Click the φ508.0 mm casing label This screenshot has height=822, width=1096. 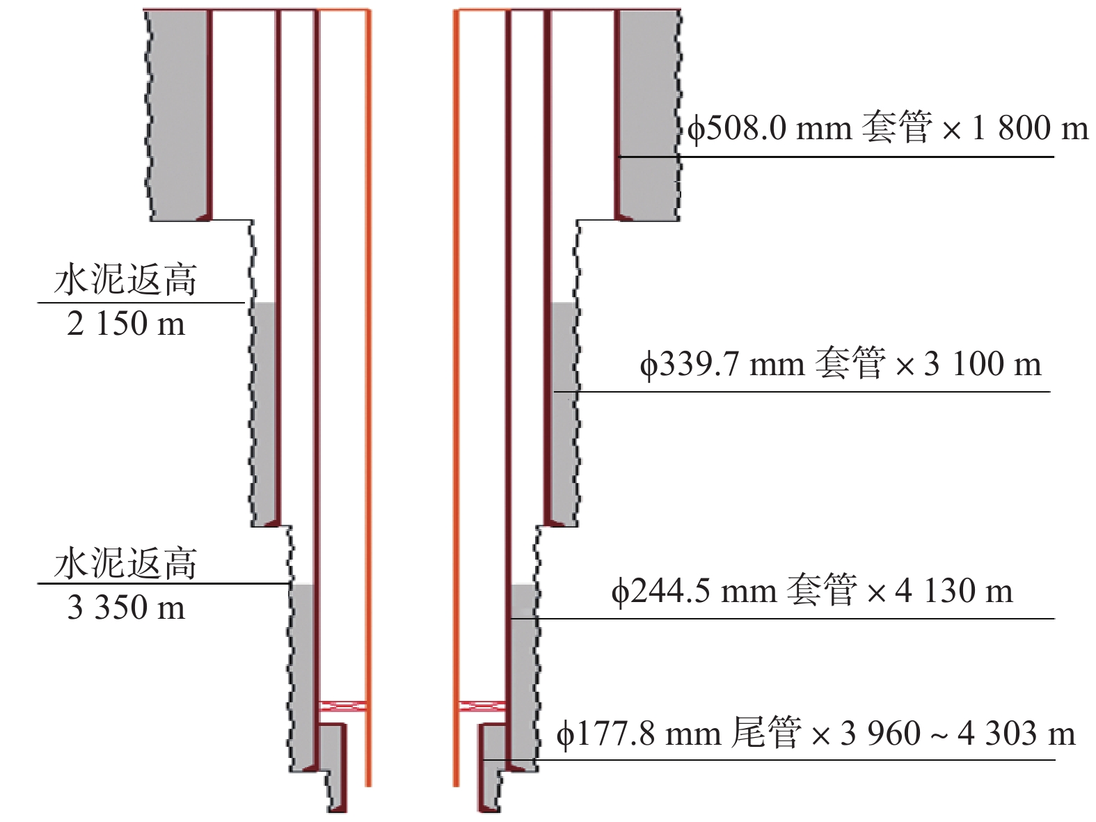pos(887,129)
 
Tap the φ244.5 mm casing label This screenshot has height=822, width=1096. pos(812,592)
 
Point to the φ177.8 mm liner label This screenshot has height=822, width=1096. pos(816,734)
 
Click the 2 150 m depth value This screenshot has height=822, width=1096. pos(126,324)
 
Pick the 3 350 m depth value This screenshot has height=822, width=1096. pos(126,608)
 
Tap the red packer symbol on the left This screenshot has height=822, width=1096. pos(343,706)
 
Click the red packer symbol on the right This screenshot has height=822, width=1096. pos(482,706)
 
